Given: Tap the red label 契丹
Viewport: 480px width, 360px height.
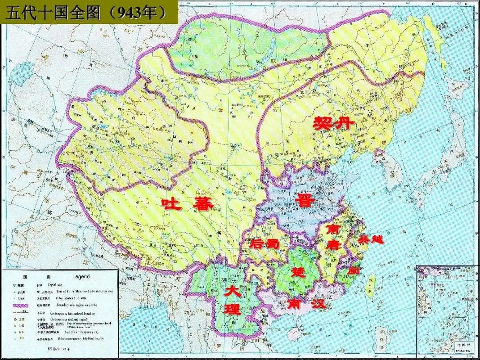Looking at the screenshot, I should (x=334, y=122).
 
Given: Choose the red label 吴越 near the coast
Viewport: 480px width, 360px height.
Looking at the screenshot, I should (x=371, y=239).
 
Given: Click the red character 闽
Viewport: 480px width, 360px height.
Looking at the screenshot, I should (x=354, y=271).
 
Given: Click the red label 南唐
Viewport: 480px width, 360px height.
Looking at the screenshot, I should (x=334, y=237).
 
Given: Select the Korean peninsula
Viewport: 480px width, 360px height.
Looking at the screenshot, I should (x=389, y=171).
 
